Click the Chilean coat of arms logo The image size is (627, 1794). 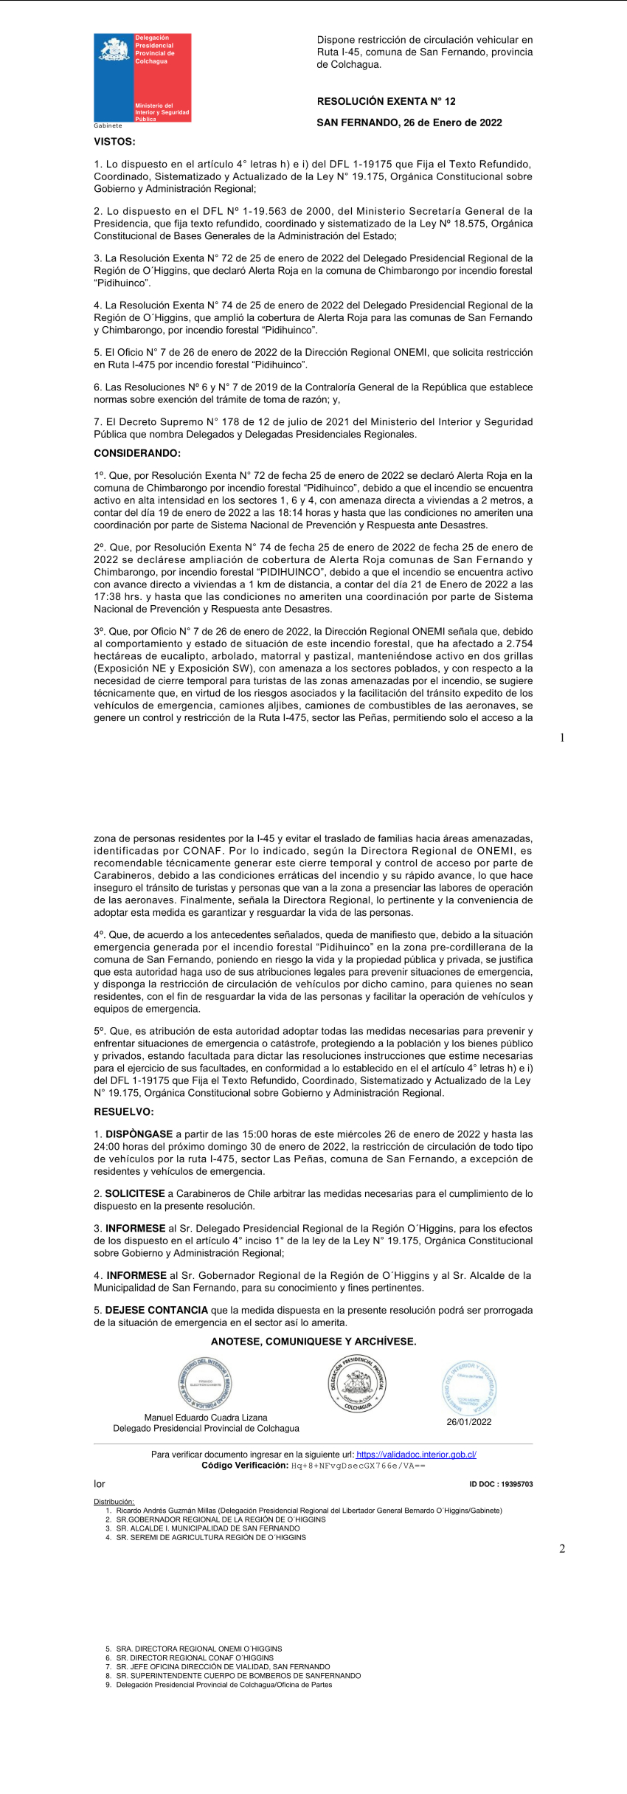[x=114, y=49]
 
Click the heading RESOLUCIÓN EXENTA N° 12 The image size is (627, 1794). [x=386, y=101]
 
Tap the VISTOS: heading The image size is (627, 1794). [x=114, y=141]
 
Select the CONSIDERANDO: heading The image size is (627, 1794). [x=136, y=453]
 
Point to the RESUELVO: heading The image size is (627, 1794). [x=123, y=1111]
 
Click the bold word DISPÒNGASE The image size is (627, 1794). [x=139, y=1134]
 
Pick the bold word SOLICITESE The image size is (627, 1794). [x=135, y=1193]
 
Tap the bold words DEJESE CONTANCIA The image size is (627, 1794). [x=156, y=1310]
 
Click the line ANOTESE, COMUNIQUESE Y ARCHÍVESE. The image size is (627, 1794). [x=313, y=1341]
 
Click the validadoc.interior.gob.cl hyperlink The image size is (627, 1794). [x=416, y=1455]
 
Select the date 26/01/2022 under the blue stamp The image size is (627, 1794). [x=468, y=1422]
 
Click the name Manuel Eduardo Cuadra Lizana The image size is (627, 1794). [x=206, y=1418]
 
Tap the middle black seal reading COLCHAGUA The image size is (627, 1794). [x=357, y=1384]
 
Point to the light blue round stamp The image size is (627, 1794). [x=468, y=1387]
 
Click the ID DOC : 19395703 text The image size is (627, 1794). [x=501, y=1484]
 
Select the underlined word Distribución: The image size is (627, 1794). [x=114, y=1502]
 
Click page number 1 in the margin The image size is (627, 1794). [x=562, y=737]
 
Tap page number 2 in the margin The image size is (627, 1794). [x=562, y=1549]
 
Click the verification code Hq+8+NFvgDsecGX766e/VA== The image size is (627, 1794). [x=358, y=1466]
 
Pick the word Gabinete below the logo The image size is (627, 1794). [x=108, y=125]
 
